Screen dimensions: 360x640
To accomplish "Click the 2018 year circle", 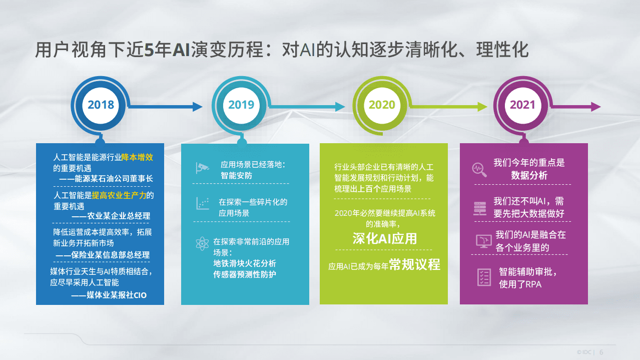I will click(101, 105).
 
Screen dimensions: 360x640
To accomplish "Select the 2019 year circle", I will click(241, 105).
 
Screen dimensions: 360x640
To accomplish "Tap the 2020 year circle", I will click(382, 105).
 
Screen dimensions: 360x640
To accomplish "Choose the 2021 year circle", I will click(522, 105).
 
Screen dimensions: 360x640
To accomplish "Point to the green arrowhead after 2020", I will click(482, 107).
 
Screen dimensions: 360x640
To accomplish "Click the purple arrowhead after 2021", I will click(595, 107).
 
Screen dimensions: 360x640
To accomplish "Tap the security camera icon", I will click(201, 168).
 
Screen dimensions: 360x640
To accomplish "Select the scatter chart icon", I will click(201, 203).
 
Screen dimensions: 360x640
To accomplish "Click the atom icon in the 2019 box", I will click(201, 245).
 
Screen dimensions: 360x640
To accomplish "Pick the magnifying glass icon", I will click(479, 169).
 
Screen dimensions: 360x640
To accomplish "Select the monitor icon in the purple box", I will click(483, 241).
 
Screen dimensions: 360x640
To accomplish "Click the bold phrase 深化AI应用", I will click(384, 238).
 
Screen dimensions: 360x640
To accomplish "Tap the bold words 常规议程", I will click(415, 265).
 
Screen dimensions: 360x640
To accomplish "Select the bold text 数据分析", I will click(529, 176).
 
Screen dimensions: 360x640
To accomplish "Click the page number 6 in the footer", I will click(601, 352).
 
